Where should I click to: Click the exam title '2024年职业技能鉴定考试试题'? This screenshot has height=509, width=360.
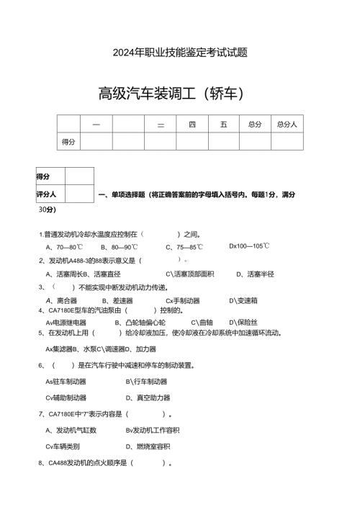pos(180,53)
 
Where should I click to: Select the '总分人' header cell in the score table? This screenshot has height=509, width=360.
pos(287,125)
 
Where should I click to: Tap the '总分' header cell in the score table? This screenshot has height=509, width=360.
pos(254,125)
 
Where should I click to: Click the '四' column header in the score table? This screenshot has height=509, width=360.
pos(192,125)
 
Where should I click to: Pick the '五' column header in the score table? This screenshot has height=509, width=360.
pos(224,125)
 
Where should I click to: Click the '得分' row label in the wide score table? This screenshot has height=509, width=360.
pos(69,142)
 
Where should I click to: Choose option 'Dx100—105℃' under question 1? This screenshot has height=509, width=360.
pos(249,246)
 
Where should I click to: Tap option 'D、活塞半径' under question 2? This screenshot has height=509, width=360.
pos(255,274)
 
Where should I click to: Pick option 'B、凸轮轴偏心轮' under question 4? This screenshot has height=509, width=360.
pos(140,323)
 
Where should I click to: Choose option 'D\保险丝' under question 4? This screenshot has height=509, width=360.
pos(243,323)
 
